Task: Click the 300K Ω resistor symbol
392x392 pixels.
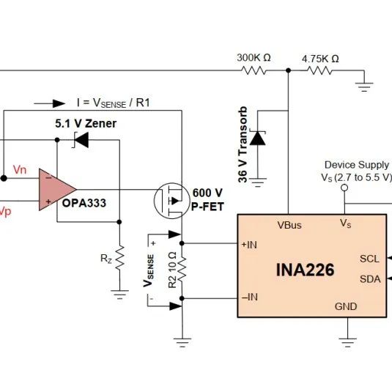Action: pos(254,70)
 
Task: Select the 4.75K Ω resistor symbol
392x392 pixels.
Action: pos(319,70)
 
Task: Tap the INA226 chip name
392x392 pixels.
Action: pos(305,270)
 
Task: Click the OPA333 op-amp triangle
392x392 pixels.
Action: pos(57,190)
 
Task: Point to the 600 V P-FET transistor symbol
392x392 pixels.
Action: pos(172,201)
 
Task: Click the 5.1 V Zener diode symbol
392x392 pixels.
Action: pos(81,140)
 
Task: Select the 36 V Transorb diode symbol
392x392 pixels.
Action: pos(258,138)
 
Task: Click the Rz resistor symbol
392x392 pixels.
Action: pos(119,257)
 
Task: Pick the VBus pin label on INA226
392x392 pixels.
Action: pos(289,225)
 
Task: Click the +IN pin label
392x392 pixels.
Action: pos(249,245)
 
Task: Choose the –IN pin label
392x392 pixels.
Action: pos(250,297)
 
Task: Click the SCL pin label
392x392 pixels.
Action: pos(369,259)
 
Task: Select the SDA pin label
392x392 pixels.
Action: pos(370,279)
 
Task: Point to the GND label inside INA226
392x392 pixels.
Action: pos(346,306)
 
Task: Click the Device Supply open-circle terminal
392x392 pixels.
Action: pos(344,188)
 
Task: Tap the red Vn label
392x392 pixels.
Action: pos(20,170)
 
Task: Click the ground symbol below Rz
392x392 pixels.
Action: pos(119,295)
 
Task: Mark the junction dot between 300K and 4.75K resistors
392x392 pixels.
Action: pos(288,70)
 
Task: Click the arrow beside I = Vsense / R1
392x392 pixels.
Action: pos(50,103)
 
